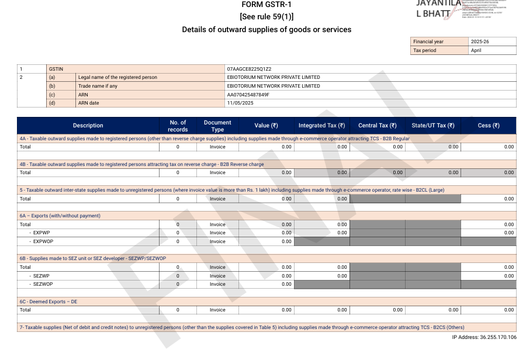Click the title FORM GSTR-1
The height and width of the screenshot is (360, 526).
[x=266, y=5]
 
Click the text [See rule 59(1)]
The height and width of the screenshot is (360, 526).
[x=266, y=16]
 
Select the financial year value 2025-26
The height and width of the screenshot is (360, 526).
[x=480, y=42]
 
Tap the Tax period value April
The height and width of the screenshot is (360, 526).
[x=477, y=50]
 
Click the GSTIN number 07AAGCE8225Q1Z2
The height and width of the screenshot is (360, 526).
[x=249, y=69]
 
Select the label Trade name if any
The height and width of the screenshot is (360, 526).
[x=98, y=86]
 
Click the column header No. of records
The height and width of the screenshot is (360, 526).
[x=178, y=126]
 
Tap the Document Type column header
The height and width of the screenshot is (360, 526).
[x=217, y=126]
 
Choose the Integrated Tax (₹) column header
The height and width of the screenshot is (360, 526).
[x=321, y=126]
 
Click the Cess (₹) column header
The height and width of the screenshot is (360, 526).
[x=488, y=126]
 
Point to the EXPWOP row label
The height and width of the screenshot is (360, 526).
[x=43, y=241]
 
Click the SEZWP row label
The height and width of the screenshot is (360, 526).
[x=41, y=276]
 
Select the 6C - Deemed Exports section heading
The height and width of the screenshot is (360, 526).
[x=48, y=302]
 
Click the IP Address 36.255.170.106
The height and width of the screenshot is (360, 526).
[x=484, y=337]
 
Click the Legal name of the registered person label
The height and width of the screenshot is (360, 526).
[x=117, y=77]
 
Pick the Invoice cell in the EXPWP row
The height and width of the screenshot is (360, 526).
[x=217, y=233]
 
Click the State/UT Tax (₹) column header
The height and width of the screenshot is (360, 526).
[x=432, y=126]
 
